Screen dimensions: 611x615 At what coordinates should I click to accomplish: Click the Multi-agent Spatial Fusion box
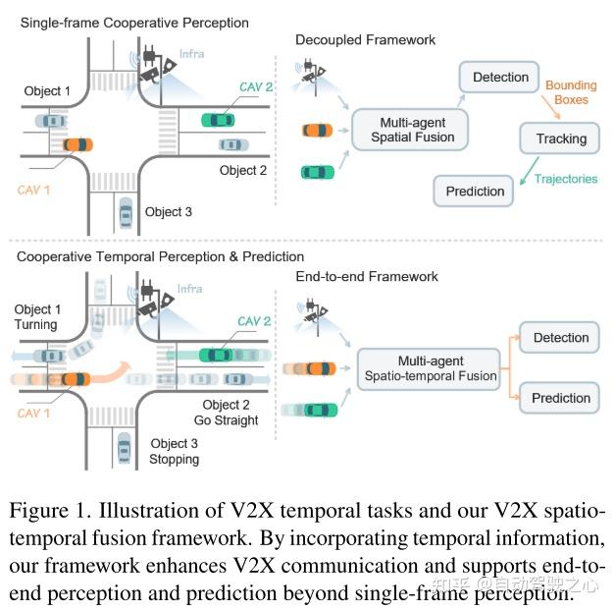point(412,130)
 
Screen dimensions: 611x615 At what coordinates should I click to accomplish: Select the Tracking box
point(561,139)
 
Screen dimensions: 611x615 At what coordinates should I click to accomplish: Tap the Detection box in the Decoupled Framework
point(500,78)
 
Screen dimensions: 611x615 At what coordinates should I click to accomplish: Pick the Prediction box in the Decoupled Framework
point(475,191)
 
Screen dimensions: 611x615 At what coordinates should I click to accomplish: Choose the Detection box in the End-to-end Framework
point(561,338)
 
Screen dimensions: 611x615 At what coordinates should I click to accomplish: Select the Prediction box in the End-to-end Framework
point(561,398)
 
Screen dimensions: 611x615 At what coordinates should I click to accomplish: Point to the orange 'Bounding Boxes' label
point(571,94)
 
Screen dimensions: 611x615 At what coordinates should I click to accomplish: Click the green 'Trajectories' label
point(571,178)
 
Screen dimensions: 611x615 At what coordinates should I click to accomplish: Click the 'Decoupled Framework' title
point(365,40)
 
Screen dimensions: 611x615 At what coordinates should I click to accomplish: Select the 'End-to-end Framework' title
point(367,277)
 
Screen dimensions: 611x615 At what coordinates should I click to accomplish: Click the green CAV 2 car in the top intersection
point(218,120)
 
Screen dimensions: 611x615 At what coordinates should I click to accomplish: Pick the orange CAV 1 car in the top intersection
point(78,145)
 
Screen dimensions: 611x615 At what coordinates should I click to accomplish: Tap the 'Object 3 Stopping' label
point(174,452)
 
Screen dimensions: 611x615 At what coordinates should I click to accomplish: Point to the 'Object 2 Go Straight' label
point(230,413)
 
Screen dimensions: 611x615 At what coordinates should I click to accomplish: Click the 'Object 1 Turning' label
point(36,317)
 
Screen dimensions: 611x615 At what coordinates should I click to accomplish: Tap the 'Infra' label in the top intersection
point(191,53)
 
